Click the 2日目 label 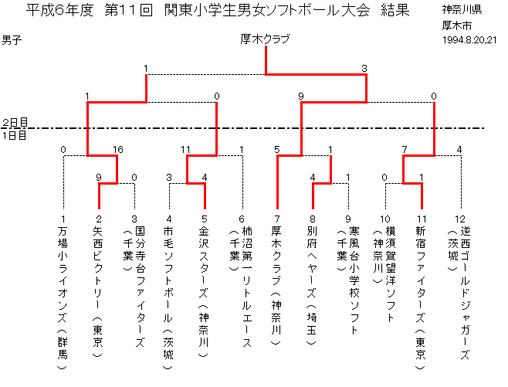(x=15, y=123)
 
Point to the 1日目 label (x=15, y=134)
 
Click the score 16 (x=117, y=150)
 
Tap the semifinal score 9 (x=300, y=97)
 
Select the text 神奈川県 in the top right (x=462, y=10)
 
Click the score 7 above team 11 (x=404, y=150)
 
